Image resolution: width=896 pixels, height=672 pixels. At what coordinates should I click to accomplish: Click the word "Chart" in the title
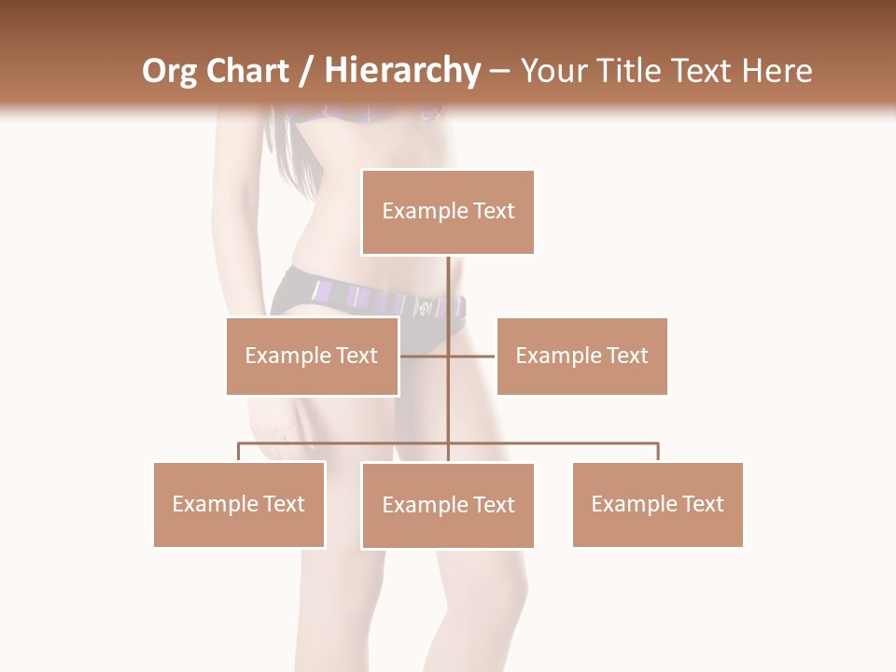coord(247,71)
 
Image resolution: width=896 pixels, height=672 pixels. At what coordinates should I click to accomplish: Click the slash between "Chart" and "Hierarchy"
coord(306,71)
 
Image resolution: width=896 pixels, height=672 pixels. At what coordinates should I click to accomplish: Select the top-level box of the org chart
coord(448,212)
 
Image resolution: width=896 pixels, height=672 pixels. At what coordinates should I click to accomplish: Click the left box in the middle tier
coord(312,356)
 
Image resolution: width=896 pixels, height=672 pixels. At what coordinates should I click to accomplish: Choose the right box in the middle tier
coord(581,356)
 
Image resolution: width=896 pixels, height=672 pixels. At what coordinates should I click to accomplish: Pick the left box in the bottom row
coord(239,504)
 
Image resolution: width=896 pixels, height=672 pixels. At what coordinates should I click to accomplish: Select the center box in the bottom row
coord(448,505)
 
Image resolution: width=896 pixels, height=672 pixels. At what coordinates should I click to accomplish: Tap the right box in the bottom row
coord(657,504)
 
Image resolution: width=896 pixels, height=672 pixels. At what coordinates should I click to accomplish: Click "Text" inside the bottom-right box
coord(702,504)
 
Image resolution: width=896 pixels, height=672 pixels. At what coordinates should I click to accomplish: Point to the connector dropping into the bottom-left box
coord(239,452)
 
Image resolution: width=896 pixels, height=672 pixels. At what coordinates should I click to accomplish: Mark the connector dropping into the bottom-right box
coord(658,452)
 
